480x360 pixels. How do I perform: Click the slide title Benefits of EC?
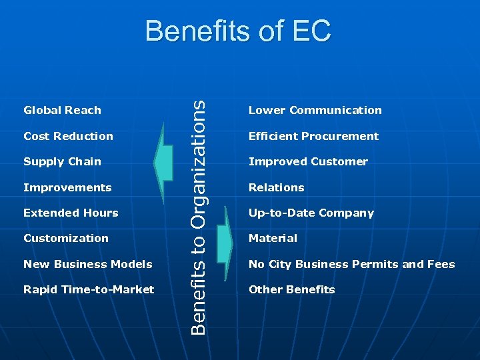click(237, 31)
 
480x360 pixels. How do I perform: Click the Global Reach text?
click(62, 111)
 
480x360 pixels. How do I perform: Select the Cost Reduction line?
click(68, 136)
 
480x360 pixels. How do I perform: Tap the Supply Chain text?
click(62, 162)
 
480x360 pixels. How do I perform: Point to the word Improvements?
click(67, 187)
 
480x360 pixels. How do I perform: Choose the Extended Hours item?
click(71, 213)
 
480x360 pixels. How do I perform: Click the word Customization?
click(65, 239)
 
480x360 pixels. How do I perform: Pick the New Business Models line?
click(87, 264)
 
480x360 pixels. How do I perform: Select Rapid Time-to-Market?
click(89, 289)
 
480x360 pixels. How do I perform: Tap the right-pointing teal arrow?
click(223, 245)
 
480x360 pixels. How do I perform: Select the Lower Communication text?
click(315, 111)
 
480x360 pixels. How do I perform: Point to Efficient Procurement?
click(313, 136)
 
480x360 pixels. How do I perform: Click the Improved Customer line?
click(308, 162)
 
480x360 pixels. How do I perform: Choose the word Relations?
click(276, 187)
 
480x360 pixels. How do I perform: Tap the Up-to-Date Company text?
click(311, 213)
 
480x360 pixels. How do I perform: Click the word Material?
click(273, 239)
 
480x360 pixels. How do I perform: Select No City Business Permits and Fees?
click(351, 264)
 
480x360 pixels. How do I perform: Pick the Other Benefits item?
click(291, 289)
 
